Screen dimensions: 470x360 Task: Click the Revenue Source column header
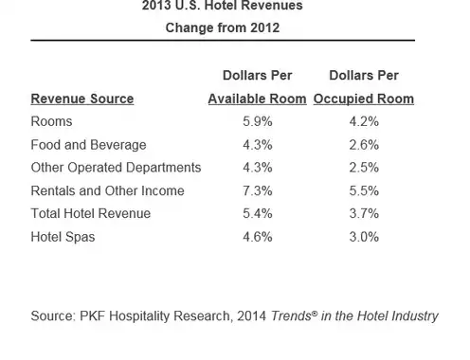click(82, 99)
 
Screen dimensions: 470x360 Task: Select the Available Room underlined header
click(258, 99)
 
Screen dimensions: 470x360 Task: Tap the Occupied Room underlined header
click(364, 99)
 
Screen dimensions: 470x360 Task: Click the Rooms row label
click(51, 121)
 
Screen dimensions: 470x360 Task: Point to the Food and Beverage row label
click(88, 145)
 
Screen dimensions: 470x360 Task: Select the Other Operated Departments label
click(116, 168)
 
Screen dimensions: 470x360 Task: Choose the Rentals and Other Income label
click(107, 190)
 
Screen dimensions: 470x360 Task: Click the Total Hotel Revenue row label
click(91, 213)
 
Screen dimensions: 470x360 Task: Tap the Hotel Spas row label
click(63, 237)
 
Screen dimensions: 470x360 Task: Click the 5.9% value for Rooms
click(258, 121)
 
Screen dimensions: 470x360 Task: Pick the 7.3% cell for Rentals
click(258, 190)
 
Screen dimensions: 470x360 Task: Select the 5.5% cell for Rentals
click(364, 190)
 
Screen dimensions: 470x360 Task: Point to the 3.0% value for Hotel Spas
click(364, 237)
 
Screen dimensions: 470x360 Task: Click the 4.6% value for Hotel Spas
click(258, 237)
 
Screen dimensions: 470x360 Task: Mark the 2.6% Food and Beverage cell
click(364, 145)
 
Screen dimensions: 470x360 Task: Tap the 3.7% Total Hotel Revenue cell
click(364, 213)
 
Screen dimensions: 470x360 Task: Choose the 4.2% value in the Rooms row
click(364, 121)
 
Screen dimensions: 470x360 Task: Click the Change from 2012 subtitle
click(223, 27)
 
